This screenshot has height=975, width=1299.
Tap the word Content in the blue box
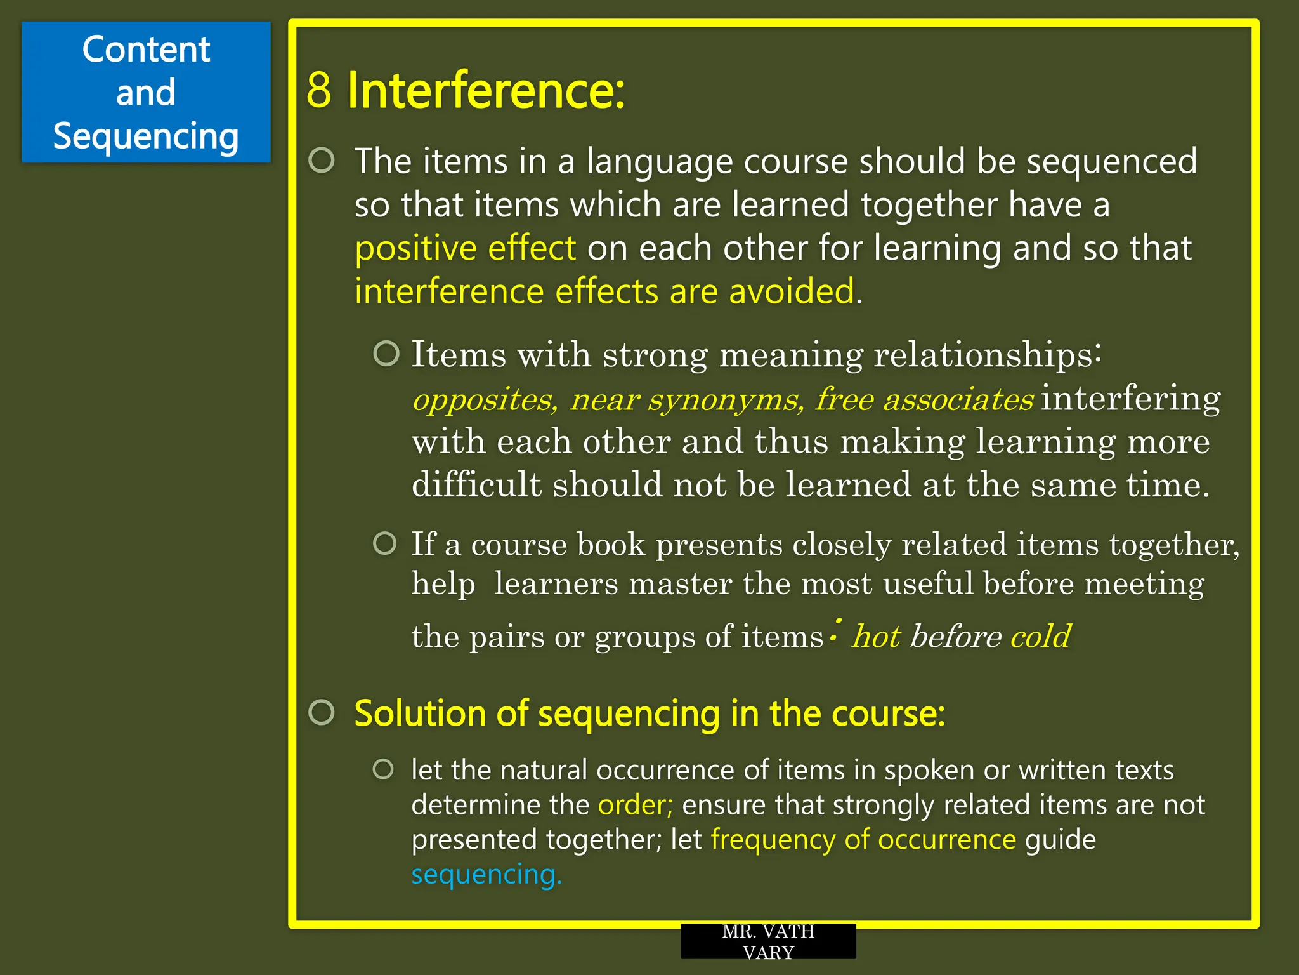tap(146, 50)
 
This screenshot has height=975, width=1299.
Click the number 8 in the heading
tap(319, 90)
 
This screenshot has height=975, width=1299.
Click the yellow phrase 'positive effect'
tap(465, 248)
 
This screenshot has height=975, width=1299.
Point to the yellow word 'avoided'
tap(791, 291)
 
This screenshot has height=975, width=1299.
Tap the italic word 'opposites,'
tap(485, 400)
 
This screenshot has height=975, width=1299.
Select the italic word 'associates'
tap(958, 400)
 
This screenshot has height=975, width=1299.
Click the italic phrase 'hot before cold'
tap(962, 636)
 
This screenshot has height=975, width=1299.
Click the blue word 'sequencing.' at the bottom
tap(486, 875)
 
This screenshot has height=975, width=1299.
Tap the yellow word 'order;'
tap(635, 805)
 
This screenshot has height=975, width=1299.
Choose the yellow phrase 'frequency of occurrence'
tap(863, 840)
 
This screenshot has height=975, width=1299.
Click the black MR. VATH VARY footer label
tap(768, 941)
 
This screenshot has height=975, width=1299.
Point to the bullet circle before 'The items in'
tap(322, 161)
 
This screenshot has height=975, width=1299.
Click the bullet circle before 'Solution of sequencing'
tap(322, 713)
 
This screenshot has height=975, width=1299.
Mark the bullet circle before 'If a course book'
tap(385, 543)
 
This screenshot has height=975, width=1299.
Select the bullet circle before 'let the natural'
tap(384, 769)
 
